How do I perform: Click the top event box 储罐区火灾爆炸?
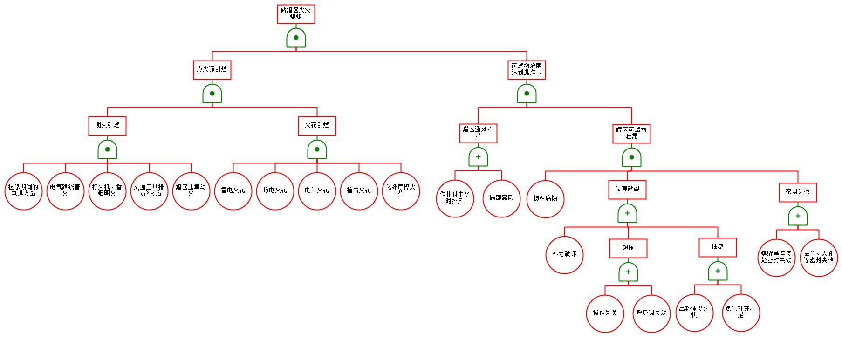pos(296,14)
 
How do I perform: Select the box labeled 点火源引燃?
pos(212,69)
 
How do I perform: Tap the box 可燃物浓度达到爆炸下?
pos(527,69)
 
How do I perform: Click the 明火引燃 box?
pos(107,125)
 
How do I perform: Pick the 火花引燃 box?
pos(317,125)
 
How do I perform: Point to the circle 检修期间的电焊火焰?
pos(23,190)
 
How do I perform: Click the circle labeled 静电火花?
pos(275,190)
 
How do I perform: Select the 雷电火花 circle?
pos(233,190)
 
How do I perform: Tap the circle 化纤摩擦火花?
pos(401,190)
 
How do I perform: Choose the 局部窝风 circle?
pos(501,198)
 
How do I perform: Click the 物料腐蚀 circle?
pos(545,198)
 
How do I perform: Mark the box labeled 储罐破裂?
pos(627,190)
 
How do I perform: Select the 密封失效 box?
pos(798,192)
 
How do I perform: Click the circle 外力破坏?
pos(564,255)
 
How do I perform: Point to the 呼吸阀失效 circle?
pos(651,313)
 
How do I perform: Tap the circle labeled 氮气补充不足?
pos(741,312)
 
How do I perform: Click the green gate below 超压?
pos(628,272)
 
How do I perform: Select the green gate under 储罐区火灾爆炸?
pos(296,38)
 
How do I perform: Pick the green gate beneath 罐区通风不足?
pos(478,157)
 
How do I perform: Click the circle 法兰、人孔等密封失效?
pos(819,258)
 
